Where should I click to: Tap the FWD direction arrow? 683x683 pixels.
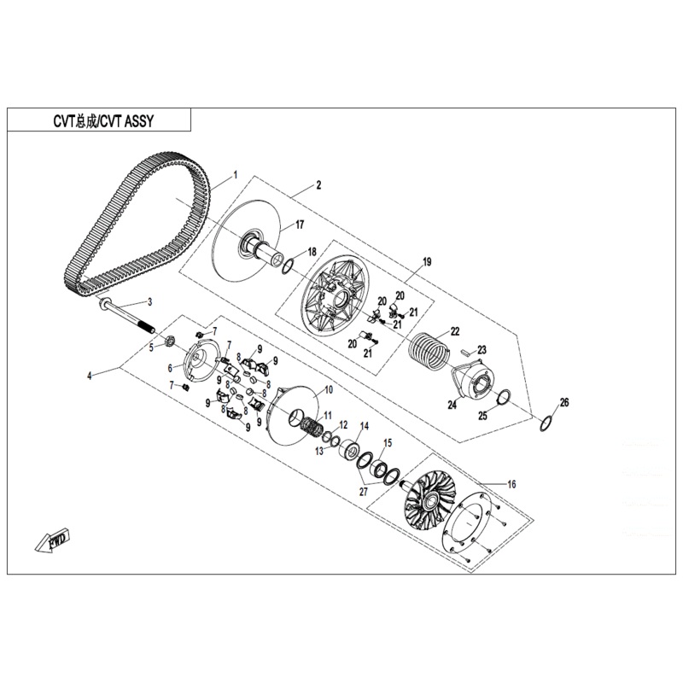coord(53,540)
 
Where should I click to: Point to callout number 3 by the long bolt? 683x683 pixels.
coord(149,302)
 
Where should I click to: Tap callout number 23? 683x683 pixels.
coord(481,349)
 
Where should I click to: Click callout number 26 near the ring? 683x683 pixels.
coord(563,402)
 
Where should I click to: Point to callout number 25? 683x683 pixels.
coord(482,415)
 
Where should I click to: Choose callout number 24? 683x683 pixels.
coord(453,406)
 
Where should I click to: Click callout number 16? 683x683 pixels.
coord(511,484)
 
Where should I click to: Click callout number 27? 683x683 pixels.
coord(363,492)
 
